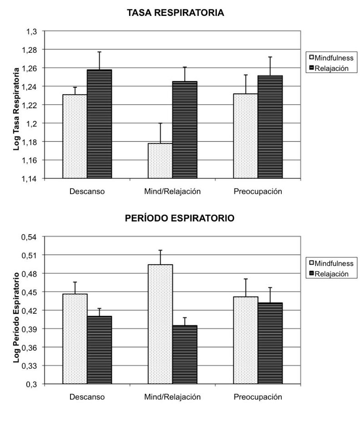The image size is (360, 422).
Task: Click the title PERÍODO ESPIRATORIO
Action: pyautogui.click(x=180, y=219)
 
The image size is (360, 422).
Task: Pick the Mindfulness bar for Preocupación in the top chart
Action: pyautogui.click(x=245, y=136)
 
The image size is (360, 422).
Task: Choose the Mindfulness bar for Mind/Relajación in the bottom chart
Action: pyautogui.click(x=160, y=324)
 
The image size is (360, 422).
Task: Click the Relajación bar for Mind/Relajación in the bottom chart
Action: pyautogui.click(x=185, y=354)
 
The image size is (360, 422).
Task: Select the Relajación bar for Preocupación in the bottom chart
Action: pyautogui.click(x=270, y=343)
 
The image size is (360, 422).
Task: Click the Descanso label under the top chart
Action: pyautogui.click(x=87, y=191)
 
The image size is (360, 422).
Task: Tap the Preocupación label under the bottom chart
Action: pyautogui.click(x=258, y=397)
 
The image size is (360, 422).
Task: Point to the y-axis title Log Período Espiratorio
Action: pyautogui.click(x=17, y=310)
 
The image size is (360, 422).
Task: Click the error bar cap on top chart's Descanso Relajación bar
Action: pyautogui.click(x=100, y=52)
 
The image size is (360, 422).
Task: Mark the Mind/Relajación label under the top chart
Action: pyautogui.click(x=172, y=191)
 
